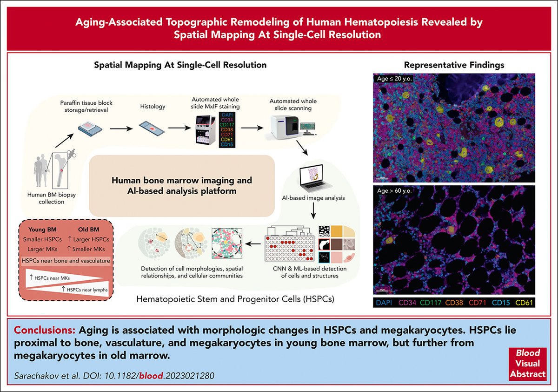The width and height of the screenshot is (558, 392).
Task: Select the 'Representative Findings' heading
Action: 454,65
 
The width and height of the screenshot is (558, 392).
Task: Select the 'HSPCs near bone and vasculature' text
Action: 66,261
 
